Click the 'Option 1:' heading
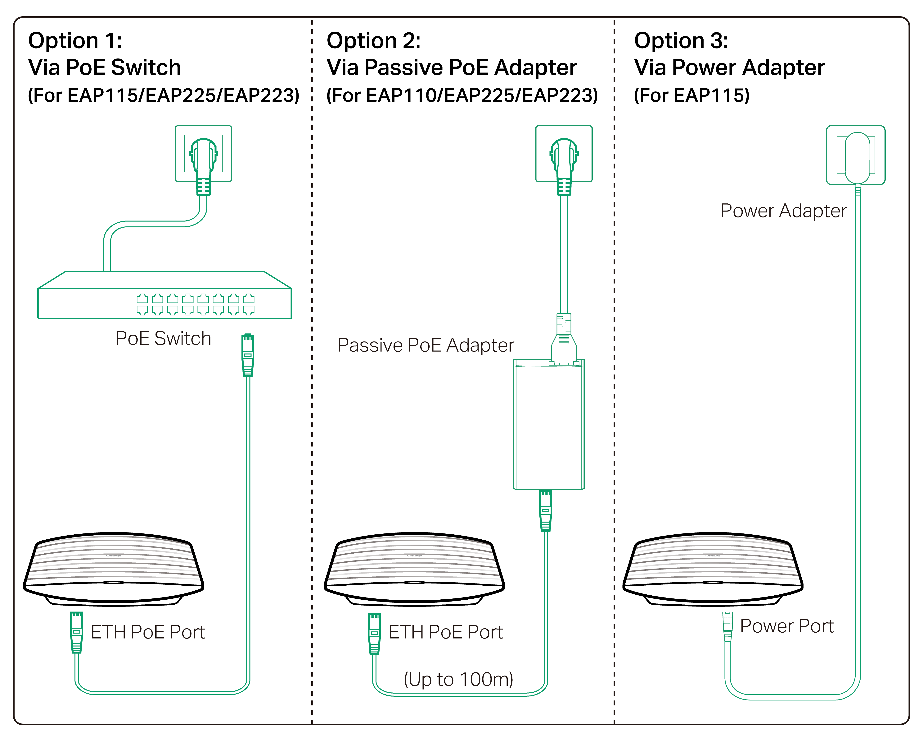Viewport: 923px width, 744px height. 75,41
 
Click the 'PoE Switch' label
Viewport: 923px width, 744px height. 163,339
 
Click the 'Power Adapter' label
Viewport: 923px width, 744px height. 783,211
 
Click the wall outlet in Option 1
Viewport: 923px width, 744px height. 203,153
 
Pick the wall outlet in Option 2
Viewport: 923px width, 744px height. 564,153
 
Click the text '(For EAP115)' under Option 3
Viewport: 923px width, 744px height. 691,95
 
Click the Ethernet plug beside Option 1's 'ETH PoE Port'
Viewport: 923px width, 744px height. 77,632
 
